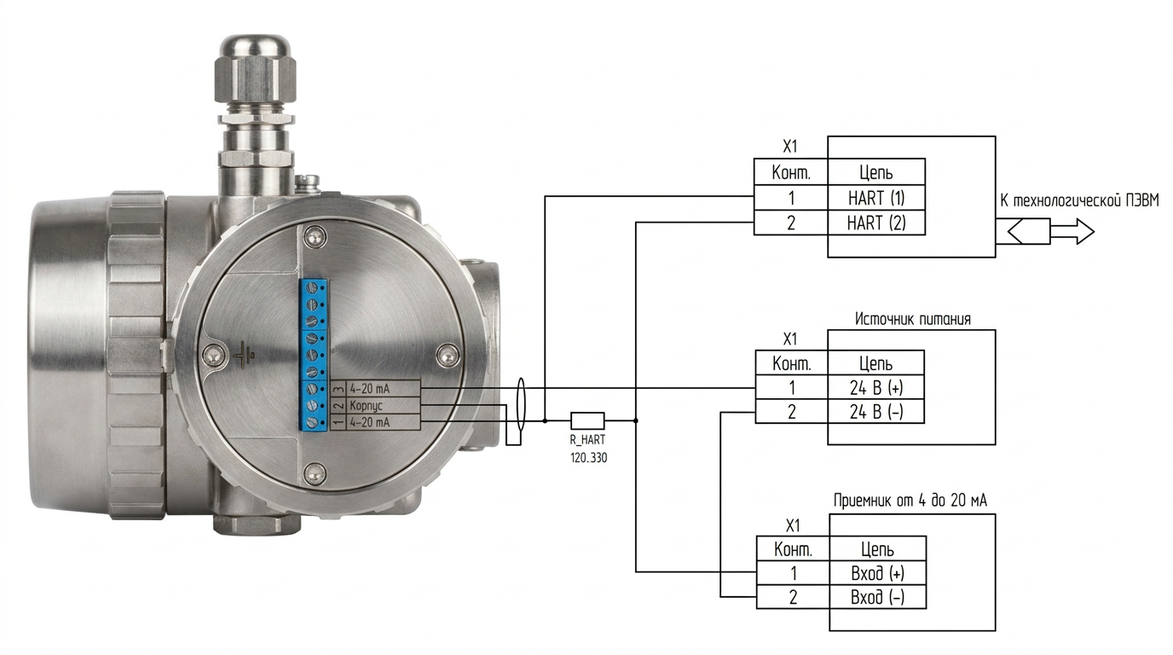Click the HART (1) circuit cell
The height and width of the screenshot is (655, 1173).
(x=876, y=198)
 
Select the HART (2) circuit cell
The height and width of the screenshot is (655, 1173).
(x=876, y=223)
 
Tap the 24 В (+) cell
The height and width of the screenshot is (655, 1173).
(x=876, y=388)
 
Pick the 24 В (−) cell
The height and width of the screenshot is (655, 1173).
(x=876, y=413)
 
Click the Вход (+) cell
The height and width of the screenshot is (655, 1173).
(x=878, y=574)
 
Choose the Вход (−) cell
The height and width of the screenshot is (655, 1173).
(x=878, y=597)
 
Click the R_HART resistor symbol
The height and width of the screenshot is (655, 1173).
(x=587, y=420)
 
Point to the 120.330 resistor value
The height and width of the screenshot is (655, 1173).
(x=588, y=458)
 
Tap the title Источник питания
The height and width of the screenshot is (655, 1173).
(x=913, y=319)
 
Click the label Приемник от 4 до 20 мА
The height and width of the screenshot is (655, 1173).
(x=910, y=501)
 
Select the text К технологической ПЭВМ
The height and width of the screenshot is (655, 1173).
(x=1079, y=200)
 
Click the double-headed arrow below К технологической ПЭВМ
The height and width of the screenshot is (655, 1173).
(x=1051, y=232)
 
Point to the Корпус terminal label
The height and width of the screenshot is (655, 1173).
(x=366, y=406)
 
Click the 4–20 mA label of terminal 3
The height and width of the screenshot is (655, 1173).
(x=370, y=389)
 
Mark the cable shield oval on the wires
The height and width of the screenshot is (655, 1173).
(x=520, y=404)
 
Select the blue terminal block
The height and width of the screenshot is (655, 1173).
(x=313, y=355)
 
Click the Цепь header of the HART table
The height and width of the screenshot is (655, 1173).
(x=876, y=172)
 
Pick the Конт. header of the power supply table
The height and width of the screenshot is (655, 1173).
(x=792, y=363)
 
